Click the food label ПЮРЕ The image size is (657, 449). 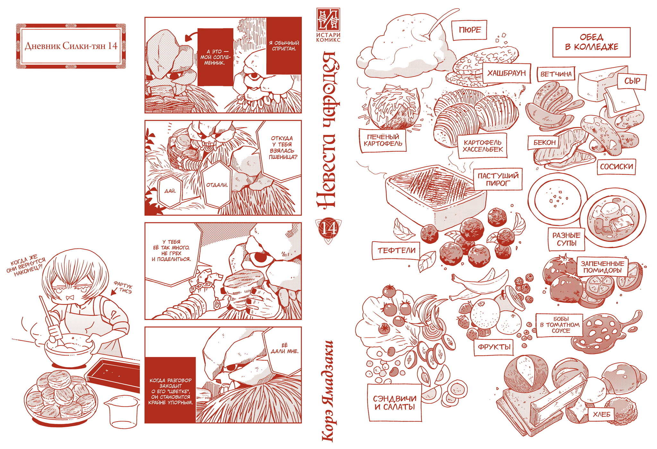[x=470, y=30]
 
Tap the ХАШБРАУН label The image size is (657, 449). [x=507, y=73]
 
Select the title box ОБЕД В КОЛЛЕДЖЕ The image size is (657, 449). [x=591, y=42]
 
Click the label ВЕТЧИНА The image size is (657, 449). [x=556, y=74]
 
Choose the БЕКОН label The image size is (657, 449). [x=544, y=142]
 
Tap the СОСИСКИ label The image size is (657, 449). [x=616, y=167]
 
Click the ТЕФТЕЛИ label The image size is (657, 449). [x=397, y=251]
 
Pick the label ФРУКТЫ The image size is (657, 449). [x=494, y=347]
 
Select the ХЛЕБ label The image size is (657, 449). [x=602, y=414]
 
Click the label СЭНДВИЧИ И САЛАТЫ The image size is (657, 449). [x=395, y=403]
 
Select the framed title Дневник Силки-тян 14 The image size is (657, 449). [x=71, y=46]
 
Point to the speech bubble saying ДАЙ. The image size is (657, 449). [x=170, y=191]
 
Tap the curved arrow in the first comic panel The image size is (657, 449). [x=191, y=35]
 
